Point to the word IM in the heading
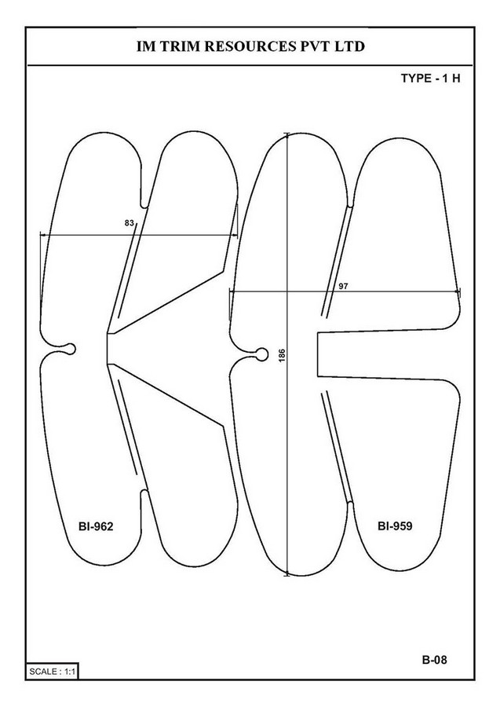click(x=144, y=46)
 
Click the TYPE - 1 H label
click(x=431, y=78)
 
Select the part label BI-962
click(x=96, y=526)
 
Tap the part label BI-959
click(x=395, y=526)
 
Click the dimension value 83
click(x=130, y=223)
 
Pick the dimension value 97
click(x=343, y=286)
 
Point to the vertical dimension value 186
click(x=282, y=355)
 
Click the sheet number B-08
click(x=435, y=660)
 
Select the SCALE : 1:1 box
click(x=53, y=672)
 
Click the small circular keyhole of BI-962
click(x=70, y=349)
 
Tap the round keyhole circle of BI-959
click(x=261, y=354)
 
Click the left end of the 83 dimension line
click(x=41, y=234)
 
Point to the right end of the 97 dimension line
click(x=459, y=291)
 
